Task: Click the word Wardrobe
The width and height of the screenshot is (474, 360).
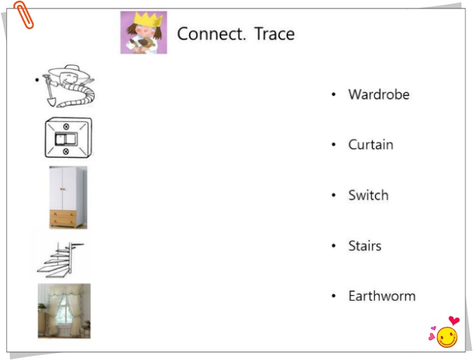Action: click(379, 94)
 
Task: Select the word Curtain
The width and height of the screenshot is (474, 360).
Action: click(371, 145)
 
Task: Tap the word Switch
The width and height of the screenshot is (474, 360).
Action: click(368, 195)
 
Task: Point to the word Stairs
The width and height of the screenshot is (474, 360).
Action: click(365, 246)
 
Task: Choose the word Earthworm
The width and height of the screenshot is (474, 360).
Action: click(381, 296)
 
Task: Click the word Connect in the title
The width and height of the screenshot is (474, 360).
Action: click(211, 33)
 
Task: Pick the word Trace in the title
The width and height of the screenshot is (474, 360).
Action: click(275, 33)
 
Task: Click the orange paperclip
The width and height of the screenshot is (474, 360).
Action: click(23, 15)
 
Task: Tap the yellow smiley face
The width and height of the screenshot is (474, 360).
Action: click(447, 337)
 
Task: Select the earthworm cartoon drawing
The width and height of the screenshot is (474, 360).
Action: click(69, 86)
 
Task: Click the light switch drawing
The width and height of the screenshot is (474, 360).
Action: click(69, 138)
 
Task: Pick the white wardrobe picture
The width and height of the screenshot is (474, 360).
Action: click(69, 197)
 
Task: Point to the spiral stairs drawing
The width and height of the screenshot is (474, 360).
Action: click(61, 260)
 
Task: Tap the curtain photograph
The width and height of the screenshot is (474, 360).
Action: click(64, 311)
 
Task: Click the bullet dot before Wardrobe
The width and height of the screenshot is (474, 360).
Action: click(333, 95)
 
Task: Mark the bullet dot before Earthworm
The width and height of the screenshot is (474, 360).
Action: click(333, 296)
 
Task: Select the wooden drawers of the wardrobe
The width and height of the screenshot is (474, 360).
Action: click(64, 218)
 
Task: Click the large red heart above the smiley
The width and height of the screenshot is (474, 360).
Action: click(454, 320)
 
